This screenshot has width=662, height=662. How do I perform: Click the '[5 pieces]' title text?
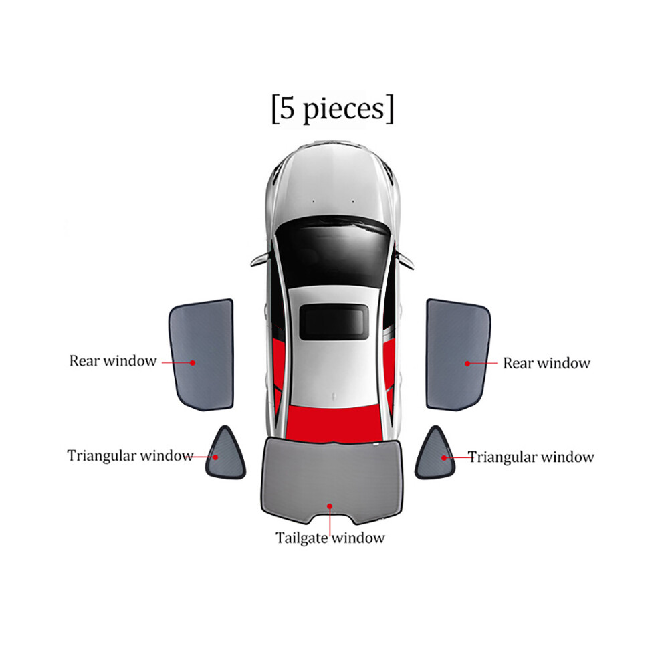(332, 109)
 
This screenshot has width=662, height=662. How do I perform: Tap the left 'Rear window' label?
(113, 361)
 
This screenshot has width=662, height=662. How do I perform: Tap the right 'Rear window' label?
(546, 363)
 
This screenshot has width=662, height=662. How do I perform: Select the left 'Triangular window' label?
(130, 455)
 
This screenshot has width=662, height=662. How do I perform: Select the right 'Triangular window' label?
(531, 457)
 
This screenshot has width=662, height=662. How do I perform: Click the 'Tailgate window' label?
(330, 538)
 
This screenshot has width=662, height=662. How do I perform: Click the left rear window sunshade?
(202, 354)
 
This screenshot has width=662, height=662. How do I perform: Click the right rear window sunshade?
(458, 354)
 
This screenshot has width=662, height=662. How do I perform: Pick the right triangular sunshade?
(435, 456)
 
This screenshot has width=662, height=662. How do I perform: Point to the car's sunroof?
(334, 322)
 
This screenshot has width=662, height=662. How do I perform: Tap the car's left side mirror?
(259, 259)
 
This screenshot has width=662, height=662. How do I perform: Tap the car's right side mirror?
(405, 259)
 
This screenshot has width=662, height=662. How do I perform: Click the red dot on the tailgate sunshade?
(330, 506)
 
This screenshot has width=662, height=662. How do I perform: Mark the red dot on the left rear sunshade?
(193, 362)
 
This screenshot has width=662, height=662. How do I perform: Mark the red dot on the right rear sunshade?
(467, 364)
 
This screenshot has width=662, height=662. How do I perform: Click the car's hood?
(333, 186)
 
